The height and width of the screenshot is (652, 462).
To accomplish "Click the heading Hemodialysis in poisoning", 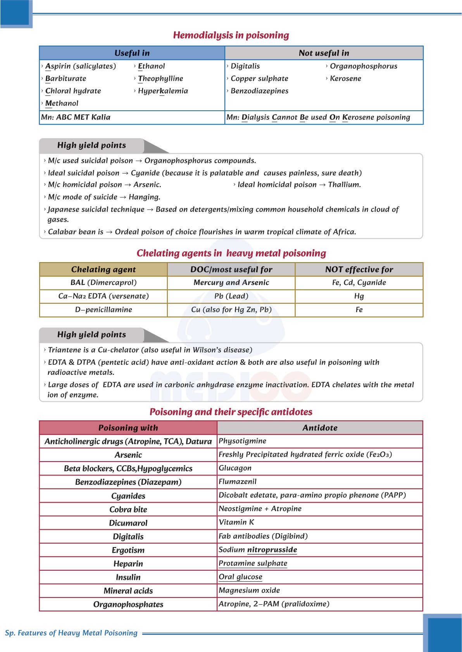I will click(x=231, y=35).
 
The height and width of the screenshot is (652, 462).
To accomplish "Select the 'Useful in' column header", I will click(x=132, y=53).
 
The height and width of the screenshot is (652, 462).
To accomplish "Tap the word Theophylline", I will click(x=160, y=79).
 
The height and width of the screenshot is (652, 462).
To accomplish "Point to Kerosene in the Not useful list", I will click(x=345, y=79).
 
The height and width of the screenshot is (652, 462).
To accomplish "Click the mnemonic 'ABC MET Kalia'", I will click(x=83, y=117).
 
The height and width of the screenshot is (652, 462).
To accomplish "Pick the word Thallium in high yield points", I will click(x=344, y=185).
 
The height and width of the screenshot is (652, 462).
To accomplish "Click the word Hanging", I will click(x=144, y=197).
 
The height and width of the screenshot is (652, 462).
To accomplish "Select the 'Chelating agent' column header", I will click(x=103, y=269).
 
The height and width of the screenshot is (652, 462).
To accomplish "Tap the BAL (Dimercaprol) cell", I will click(x=103, y=283).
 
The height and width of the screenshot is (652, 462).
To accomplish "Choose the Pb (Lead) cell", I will click(x=231, y=296).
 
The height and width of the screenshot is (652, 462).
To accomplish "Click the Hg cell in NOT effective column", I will click(x=359, y=296).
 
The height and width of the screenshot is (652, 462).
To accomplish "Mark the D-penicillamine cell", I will click(x=103, y=310).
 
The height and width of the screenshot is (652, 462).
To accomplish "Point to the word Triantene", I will click(x=64, y=350).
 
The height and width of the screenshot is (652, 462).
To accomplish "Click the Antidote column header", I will click(x=320, y=428).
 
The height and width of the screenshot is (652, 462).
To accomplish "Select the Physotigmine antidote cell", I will click(x=242, y=441).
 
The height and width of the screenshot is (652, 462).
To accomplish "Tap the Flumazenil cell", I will click(x=238, y=482).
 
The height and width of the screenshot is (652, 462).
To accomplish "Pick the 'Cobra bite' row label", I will click(x=128, y=510).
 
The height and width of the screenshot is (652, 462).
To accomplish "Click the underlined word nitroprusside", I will click(x=272, y=550).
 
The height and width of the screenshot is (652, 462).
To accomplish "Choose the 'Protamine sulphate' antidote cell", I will click(x=253, y=563).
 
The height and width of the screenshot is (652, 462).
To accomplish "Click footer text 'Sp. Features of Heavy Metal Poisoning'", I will click(x=71, y=633).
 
